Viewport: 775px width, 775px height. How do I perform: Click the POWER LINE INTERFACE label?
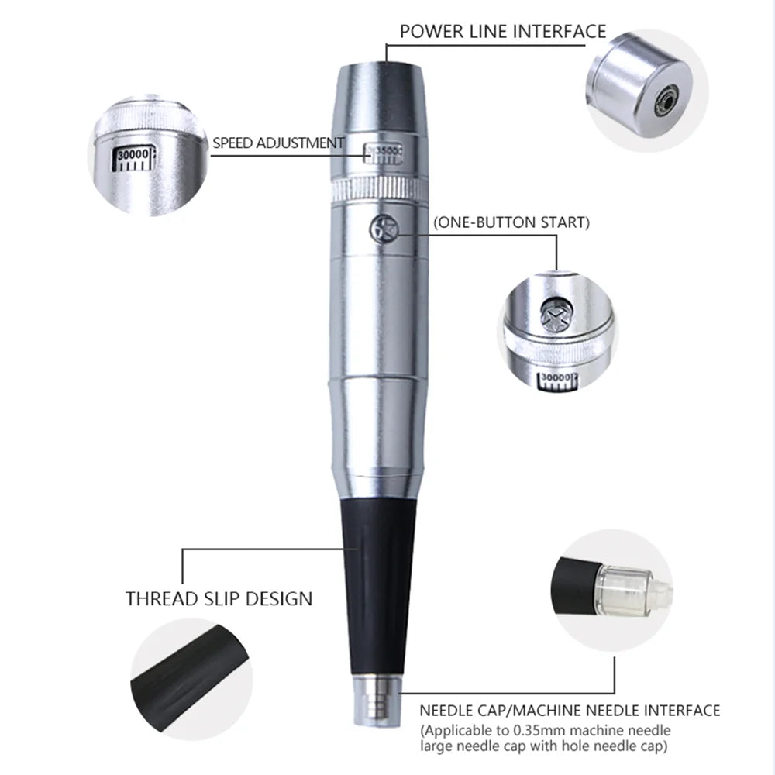pyautogui.click(x=502, y=32)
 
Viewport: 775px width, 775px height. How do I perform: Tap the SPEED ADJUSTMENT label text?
pyautogui.click(x=278, y=143)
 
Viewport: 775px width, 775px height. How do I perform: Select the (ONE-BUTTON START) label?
pyautogui.click(x=511, y=222)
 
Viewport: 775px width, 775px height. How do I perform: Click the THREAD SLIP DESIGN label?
pyautogui.click(x=219, y=598)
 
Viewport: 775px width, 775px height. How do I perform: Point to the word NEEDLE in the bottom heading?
pyautogui.click(x=446, y=710)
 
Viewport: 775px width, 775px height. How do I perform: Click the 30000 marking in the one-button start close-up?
pyautogui.click(x=556, y=378)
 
